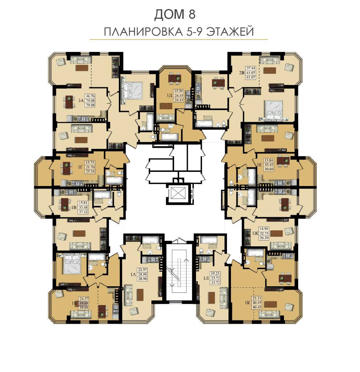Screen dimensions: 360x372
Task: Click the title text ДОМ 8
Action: tap(175, 14)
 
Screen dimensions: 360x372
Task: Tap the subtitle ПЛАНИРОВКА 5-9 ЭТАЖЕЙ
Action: tap(179, 32)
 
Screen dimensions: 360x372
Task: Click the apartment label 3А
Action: tap(81, 100)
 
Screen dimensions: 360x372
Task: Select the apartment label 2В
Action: tap(241, 73)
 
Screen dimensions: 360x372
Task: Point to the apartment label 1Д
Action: tap(169, 96)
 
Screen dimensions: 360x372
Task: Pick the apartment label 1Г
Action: tap(81, 167)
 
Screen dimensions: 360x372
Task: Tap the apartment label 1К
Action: tap(247, 303)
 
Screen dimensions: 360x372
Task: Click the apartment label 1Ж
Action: tap(255, 233)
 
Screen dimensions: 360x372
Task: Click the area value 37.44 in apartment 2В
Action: tap(251, 68)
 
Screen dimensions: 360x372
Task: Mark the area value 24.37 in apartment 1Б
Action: tap(84, 299)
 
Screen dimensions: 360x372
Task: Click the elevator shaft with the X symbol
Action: tap(177, 193)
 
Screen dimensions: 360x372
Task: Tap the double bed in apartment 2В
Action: tap(274, 110)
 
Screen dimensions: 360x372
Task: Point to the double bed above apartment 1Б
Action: tap(73, 264)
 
